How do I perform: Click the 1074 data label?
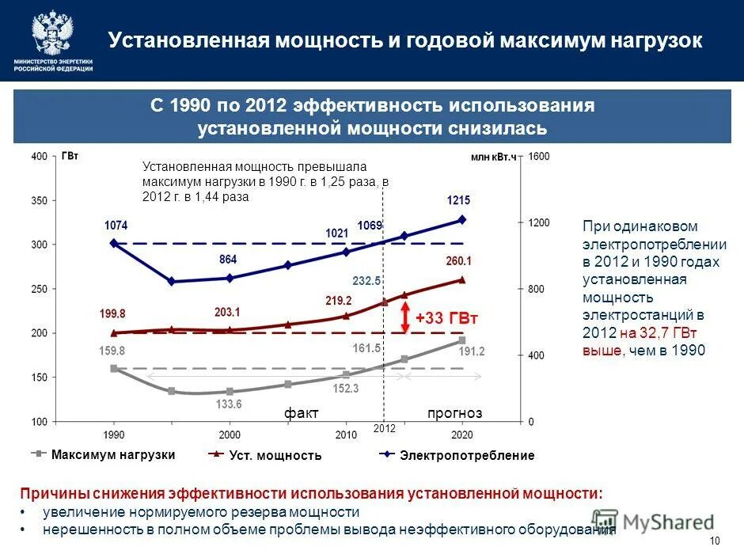point(116,226)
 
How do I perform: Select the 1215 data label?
point(458,200)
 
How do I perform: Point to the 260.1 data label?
point(459,260)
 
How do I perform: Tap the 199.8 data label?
point(112,313)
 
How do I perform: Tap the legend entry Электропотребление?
point(467,455)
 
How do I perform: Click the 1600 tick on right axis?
point(539,157)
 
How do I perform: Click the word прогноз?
point(454,413)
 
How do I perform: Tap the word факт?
point(302,413)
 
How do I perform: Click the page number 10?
point(716,541)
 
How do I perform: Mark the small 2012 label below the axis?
point(383,428)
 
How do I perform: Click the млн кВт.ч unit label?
point(493,158)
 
